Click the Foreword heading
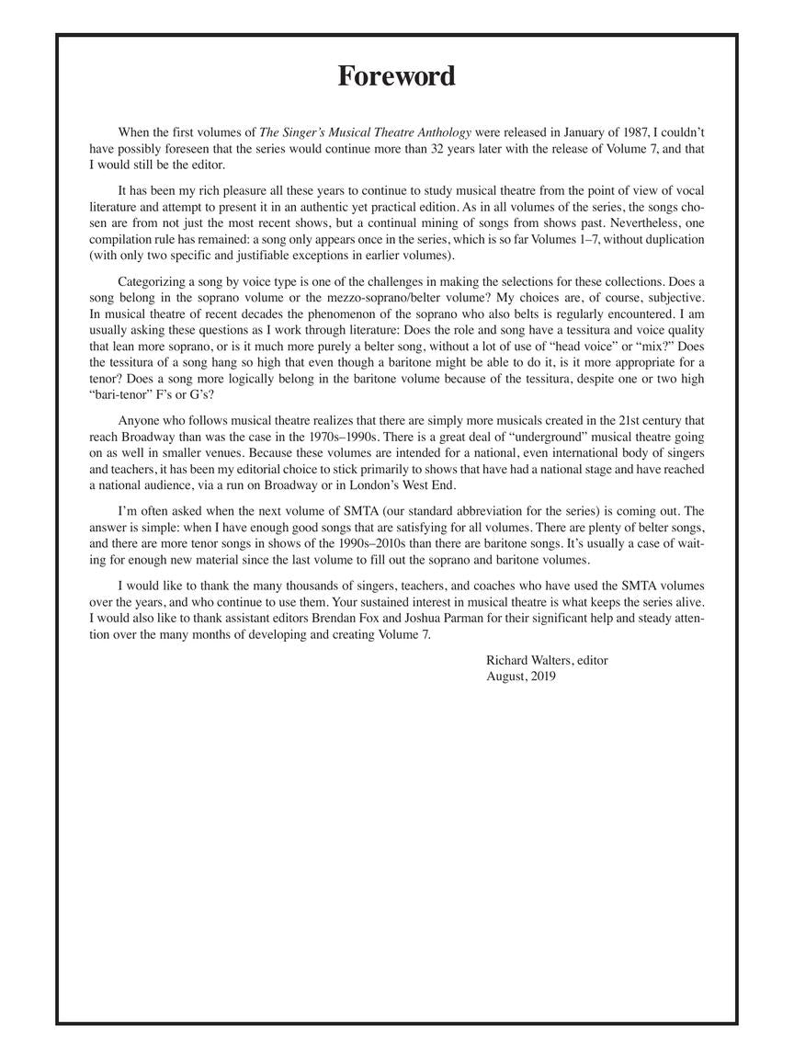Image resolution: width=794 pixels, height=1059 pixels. click(396, 75)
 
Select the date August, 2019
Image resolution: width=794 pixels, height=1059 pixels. click(521, 677)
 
